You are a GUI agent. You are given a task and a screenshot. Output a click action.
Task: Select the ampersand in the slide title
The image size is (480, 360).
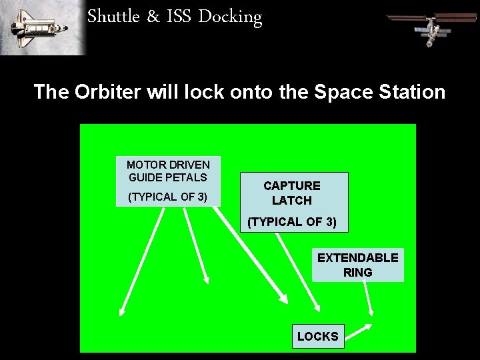point(153,17)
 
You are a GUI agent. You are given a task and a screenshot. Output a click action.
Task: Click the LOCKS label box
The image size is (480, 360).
point(318,337)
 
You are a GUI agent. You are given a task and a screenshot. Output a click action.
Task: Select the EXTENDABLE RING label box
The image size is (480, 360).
point(358,265)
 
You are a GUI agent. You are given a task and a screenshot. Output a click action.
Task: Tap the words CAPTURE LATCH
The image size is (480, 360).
point(292,193)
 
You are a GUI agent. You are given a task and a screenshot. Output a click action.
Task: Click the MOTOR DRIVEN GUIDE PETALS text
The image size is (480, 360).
point(168,171)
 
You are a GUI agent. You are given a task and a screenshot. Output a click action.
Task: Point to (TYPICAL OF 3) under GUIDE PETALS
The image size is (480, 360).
point(168,197)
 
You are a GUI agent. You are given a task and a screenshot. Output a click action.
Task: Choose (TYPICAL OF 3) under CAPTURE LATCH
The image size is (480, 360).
point(292,222)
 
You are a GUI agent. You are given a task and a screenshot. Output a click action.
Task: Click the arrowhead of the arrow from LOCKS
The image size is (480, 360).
point(367,327)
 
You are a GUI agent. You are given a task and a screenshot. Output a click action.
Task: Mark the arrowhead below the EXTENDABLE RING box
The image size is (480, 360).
point(372,310)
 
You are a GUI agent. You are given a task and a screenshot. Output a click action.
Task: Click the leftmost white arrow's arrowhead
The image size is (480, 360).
point(123,310)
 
